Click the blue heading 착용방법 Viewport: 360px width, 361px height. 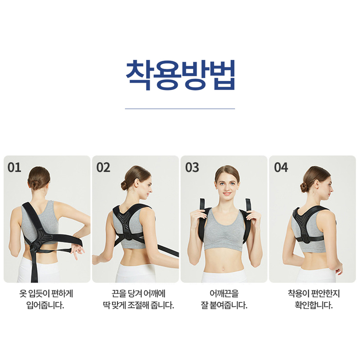pos(180,75)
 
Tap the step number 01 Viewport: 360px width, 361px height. pos(14,167)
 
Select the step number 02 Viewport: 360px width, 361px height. pos(103,167)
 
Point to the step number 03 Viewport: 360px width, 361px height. pos(192,167)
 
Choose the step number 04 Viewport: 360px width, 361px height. pos(281,167)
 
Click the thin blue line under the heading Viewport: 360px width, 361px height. pos(180,108)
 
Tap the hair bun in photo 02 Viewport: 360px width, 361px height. pos(124,185)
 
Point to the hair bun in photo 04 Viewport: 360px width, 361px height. pos(304,187)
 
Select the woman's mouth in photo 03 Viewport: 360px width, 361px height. pos(227,193)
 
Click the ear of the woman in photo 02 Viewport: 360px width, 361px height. pos(137,183)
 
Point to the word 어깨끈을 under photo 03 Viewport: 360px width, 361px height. pos(224,293)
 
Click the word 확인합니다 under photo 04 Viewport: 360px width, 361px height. pos(314,305)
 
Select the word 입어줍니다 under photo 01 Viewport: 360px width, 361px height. pos(45,305)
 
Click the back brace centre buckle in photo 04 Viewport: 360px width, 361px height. pos(306,239)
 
